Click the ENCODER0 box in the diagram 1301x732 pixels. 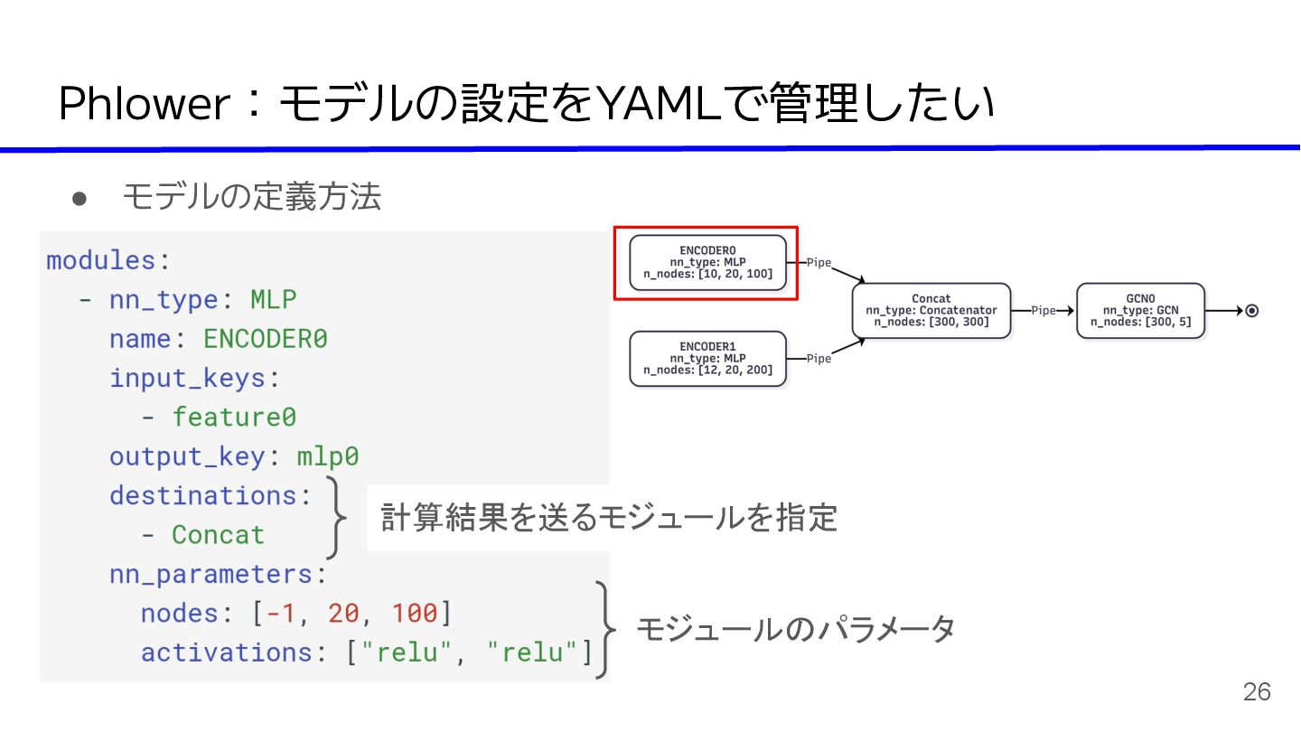point(707,262)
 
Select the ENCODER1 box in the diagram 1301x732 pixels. point(707,359)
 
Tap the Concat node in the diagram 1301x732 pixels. point(931,310)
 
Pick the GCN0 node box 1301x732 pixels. point(1140,310)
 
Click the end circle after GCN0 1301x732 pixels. point(1251,311)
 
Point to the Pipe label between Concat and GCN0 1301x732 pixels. point(1044,310)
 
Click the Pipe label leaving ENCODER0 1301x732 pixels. point(819,263)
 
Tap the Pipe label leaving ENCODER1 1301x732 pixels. point(819,359)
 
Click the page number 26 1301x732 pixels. point(1257,692)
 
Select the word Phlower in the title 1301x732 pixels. point(145,106)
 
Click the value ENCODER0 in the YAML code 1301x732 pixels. point(265,339)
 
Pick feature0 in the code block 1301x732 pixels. point(234,417)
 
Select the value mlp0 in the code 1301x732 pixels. point(327,456)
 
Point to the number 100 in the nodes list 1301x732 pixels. point(414,613)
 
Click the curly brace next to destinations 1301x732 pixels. point(336,518)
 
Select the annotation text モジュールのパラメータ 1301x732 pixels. point(795,629)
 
